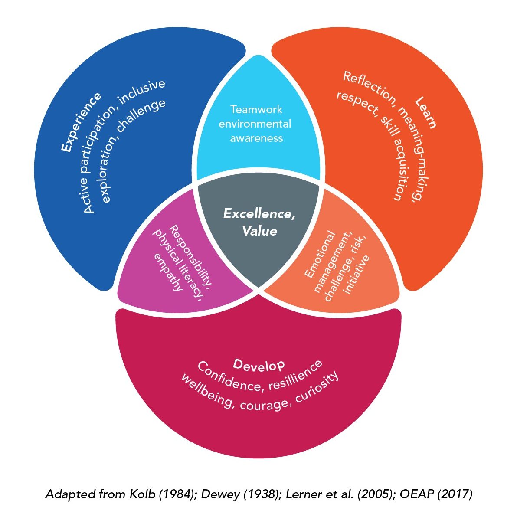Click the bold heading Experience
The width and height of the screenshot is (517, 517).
point(81,122)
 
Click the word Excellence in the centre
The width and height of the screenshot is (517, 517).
point(259,214)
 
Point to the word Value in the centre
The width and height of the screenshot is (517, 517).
point(259,231)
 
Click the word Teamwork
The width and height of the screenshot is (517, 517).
point(256,109)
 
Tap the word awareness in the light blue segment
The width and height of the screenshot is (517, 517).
point(256,138)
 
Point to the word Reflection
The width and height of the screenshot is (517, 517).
point(369,89)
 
